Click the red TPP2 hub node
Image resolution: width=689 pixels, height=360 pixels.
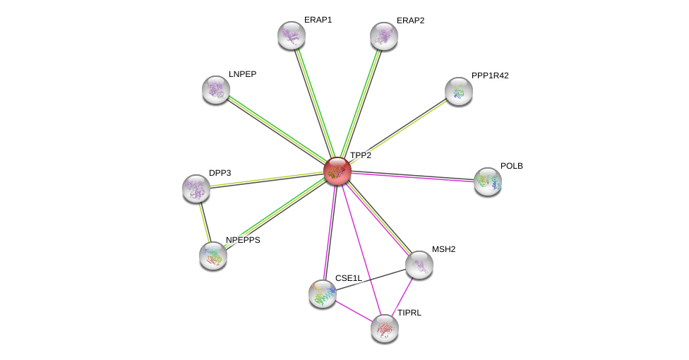coord(337,171)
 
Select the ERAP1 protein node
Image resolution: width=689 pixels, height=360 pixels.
coord(292,35)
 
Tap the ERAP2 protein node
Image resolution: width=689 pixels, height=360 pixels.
coord(384,36)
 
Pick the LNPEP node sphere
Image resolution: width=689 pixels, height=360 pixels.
coord(216,90)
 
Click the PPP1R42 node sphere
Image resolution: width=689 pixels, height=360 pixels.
coord(459,92)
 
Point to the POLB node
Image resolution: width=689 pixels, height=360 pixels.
coord(488,181)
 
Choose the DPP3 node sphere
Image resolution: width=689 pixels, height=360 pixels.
coord(196,188)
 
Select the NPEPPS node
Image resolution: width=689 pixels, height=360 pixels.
coord(213,256)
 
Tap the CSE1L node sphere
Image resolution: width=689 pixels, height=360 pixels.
coord(323,294)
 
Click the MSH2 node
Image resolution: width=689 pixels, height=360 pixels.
coord(419,265)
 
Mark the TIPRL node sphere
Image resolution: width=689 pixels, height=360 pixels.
coord(385,329)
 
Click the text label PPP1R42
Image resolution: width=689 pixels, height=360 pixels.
coord(490,76)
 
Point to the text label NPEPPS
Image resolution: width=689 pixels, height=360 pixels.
coord(243,240)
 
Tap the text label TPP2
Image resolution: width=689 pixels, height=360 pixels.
coord(361,155)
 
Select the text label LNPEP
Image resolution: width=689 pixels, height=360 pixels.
coord(243,74)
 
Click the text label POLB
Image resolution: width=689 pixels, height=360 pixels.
coord(512,166)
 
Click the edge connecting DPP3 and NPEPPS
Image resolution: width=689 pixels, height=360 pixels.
coord(205,222)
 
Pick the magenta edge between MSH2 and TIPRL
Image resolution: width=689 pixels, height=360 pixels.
coord(402,296)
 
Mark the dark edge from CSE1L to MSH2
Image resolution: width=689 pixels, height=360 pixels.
coord(371,280)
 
